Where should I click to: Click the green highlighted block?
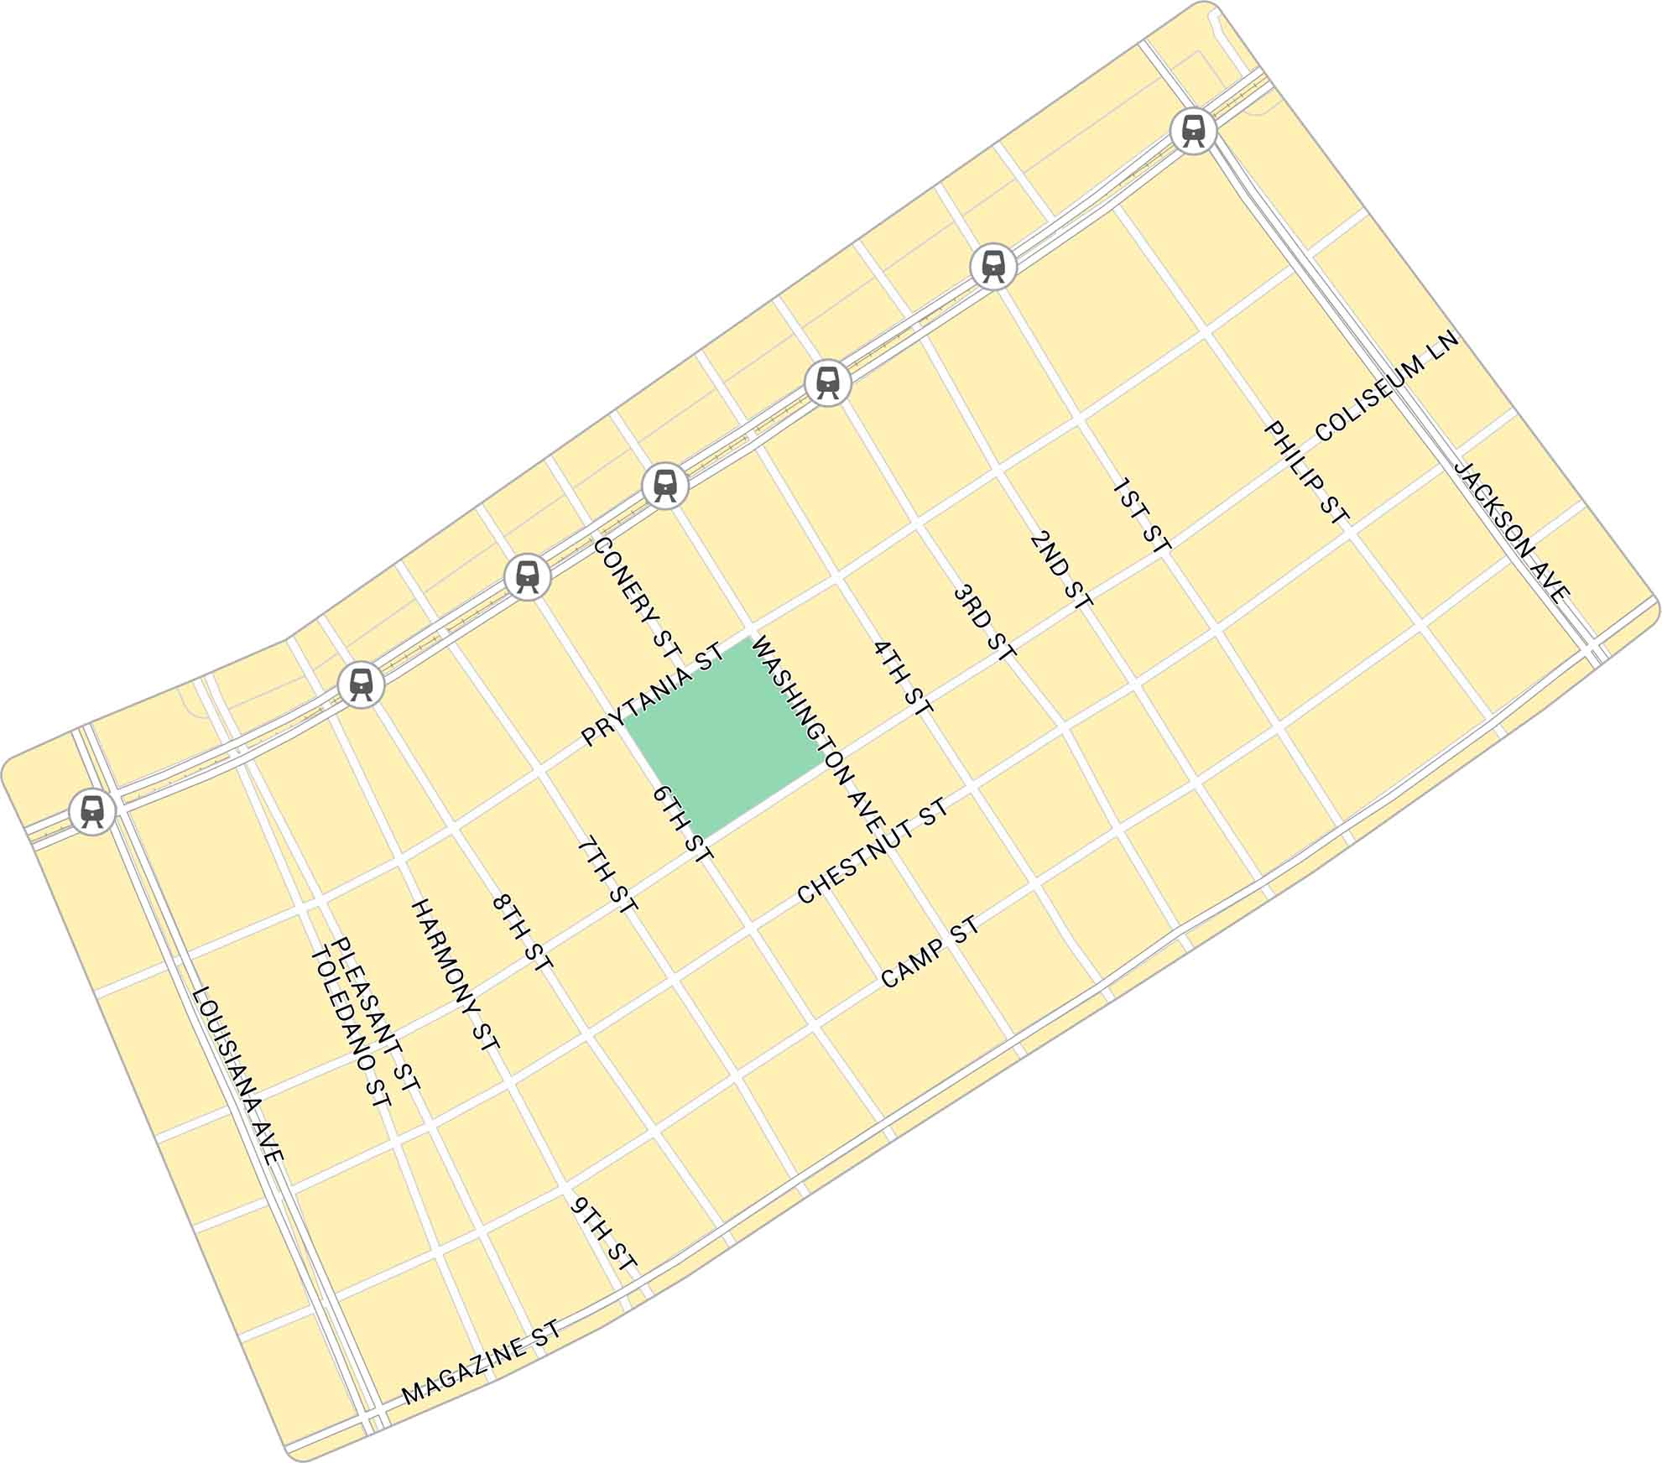723,738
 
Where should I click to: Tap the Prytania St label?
652,695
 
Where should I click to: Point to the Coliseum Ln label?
1388,386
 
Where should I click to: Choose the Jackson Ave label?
1511,531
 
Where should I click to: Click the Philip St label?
1306,474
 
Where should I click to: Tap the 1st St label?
1141,515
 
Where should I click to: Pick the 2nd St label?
1061,570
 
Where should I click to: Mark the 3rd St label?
985,622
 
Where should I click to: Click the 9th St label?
604,1233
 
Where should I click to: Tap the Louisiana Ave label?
238,1075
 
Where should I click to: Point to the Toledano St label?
351,1028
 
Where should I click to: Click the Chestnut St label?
873,851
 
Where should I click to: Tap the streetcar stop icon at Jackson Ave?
1194,131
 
